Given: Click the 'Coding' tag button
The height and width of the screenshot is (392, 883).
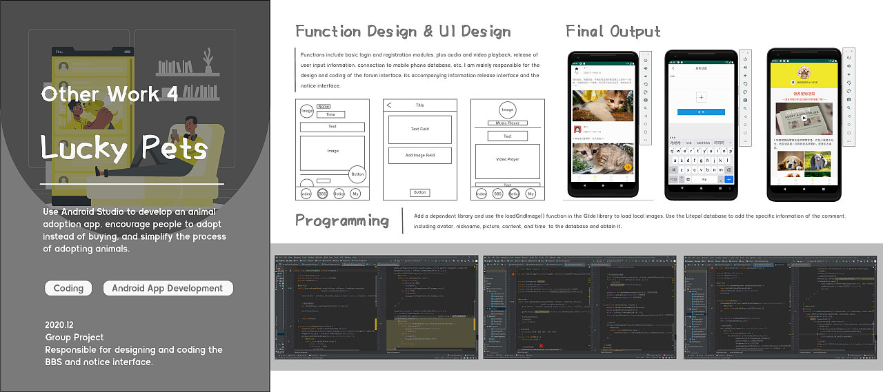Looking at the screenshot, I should point(68,288).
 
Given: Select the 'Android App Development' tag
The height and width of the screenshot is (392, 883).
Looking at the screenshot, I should point(168,288).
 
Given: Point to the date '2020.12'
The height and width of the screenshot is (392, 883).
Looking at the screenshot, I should point(60,324).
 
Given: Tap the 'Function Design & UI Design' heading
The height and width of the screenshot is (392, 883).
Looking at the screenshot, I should point(403,32).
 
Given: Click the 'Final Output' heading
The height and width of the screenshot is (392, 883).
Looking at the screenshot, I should point(613,32).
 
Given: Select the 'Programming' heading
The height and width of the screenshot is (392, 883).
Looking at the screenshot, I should point(342,220).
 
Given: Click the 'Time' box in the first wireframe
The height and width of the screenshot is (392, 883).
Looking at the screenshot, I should point(330,114).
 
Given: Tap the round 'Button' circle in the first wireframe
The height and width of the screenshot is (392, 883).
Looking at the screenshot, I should point(357,174).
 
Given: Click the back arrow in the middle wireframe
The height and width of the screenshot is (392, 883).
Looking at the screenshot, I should point(389,105).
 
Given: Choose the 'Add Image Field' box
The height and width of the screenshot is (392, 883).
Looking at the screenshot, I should point(419,156).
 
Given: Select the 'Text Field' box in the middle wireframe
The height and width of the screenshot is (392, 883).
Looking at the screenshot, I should point(419,129).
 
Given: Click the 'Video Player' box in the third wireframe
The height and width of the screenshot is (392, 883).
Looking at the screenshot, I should point(507,159).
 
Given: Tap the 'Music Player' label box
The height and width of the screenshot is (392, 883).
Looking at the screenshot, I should point(507,123).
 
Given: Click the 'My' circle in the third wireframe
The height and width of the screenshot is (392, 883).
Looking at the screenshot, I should point(530,194).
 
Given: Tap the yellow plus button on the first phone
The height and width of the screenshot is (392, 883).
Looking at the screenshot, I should point(627,167).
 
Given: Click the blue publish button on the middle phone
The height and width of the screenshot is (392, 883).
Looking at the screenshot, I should point(701,112).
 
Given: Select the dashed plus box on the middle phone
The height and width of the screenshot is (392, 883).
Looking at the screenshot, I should point(701,97).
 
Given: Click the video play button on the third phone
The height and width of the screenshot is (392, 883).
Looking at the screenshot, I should point(804,118).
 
